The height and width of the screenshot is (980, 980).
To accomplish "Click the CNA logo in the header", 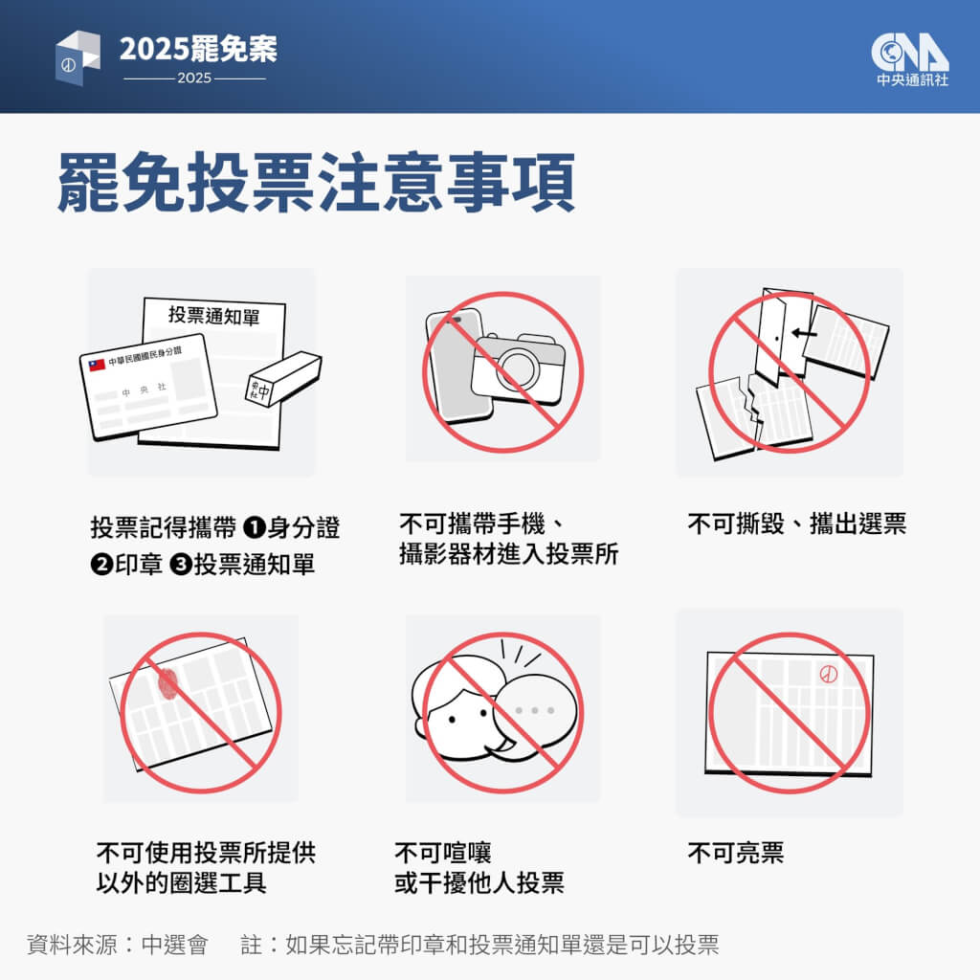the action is coord(910,53).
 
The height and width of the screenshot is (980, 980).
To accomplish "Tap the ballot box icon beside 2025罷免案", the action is coord(78,57).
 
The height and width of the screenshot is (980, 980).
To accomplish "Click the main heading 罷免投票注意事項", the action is coord(316,183).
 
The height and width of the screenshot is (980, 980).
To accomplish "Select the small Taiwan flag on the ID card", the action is coord(97,365).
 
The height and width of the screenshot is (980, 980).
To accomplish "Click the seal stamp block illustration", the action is coord(283,379).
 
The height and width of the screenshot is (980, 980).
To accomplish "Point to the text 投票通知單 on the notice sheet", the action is coord(213,316).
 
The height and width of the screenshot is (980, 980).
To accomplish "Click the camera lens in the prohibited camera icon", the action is coord(518,368).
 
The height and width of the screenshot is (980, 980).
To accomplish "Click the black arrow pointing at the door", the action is coord(804,333).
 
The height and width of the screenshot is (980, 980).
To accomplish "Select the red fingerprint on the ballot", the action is coord(168,683).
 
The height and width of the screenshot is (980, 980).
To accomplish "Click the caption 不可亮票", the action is coord(736,853).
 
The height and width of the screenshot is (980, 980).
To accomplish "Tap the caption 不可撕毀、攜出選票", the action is coord(797,523).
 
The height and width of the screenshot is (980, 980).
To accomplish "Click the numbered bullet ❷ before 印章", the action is coord(101,565).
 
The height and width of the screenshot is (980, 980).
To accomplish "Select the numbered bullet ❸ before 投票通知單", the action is coord(181,565).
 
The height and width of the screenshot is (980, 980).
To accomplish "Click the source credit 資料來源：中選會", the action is coord(117,945).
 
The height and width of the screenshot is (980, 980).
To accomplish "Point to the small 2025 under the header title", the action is coord(194,78).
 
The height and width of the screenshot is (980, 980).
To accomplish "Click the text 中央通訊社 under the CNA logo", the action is coord(912,80).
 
